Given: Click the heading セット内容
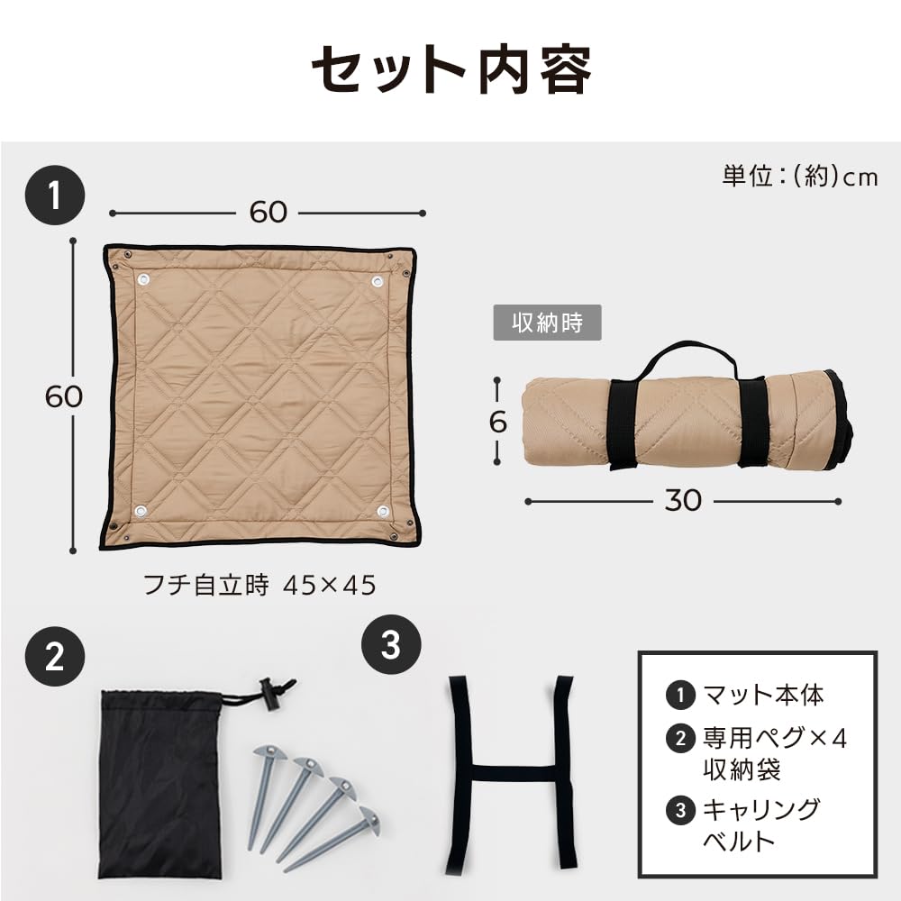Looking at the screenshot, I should point(450,70).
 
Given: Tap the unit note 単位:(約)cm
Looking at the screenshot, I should point(799,177).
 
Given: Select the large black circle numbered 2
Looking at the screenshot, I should point(55,659).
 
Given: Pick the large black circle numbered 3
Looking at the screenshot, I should point(390,644).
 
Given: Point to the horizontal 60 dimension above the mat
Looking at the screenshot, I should point(268,212).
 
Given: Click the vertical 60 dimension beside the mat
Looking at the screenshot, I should point(64,396).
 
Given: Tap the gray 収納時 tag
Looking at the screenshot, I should point(546,323).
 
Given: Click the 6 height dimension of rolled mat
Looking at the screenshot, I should point(498,422).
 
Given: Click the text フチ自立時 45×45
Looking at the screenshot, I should point(259,586).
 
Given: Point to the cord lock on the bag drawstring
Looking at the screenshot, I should point(267,695).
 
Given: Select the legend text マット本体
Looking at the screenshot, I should point(763,695).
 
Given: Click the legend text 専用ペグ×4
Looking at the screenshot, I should point(775,739).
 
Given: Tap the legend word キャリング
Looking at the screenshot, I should point(761,808).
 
